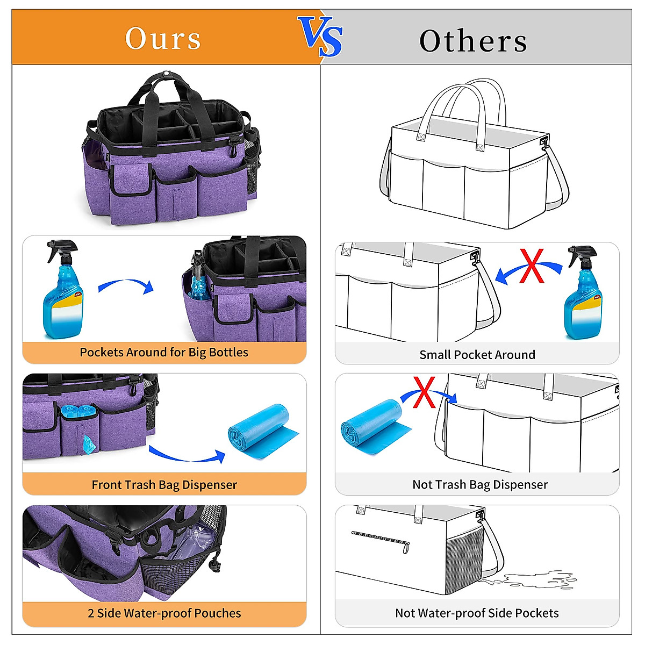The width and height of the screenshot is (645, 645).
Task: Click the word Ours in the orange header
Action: click(x=163, y=39)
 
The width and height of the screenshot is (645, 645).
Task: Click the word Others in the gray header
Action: click(x=473, y=41)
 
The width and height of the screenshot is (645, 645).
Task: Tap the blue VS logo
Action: click(x=321, y=36)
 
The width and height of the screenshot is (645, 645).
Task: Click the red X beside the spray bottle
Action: click(x=532, y=267)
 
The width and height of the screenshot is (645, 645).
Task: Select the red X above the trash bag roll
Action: click(x=424, y=392)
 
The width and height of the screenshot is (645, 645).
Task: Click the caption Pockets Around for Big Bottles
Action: click(x=164, y=353)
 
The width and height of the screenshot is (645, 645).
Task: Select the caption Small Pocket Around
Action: click(x=477, y=355)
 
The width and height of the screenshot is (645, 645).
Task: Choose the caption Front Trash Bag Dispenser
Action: click(x=164, y=485)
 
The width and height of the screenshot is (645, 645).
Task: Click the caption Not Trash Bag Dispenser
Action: click(x=480, y=485)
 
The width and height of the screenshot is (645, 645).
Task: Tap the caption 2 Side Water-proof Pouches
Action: click(x=164, y=613)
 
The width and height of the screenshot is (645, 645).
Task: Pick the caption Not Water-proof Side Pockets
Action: click(x=477, y=613)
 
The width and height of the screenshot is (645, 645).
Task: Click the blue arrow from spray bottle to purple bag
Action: click(x=127, y=285)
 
